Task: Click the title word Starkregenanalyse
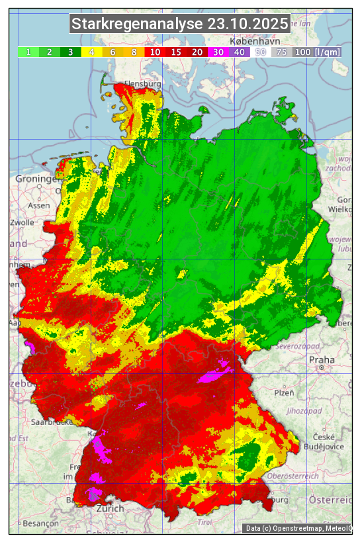pos(137,24)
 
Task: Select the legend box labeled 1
pos(28,52)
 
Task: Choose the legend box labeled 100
pos(302,52)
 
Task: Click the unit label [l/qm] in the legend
pos(328,52)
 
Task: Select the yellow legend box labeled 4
pos(92,52)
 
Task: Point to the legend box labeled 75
pos(281,52)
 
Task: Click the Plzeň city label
pos(284,392)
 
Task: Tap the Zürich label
pos(110,508)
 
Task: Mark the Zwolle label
pos(22,222)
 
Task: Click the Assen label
pos(39,206)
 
